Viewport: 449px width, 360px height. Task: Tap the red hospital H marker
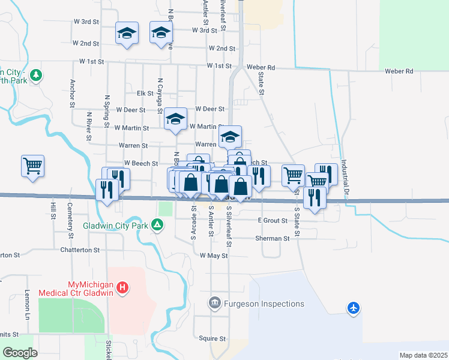tap(122, 288)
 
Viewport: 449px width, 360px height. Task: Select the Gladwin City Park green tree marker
tap(157, 225)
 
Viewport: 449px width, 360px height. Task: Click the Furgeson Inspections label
tap(264, 304)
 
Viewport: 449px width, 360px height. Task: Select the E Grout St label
tap(273, 221)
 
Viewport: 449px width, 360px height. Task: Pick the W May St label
tap(214, 256)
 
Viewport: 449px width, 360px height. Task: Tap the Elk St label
tap(145, 94)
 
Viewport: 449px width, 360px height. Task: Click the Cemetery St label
tap(70, 214)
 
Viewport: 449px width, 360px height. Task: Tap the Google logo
tap(20, 352)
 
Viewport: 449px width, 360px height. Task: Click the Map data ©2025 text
tap(423, 355)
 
